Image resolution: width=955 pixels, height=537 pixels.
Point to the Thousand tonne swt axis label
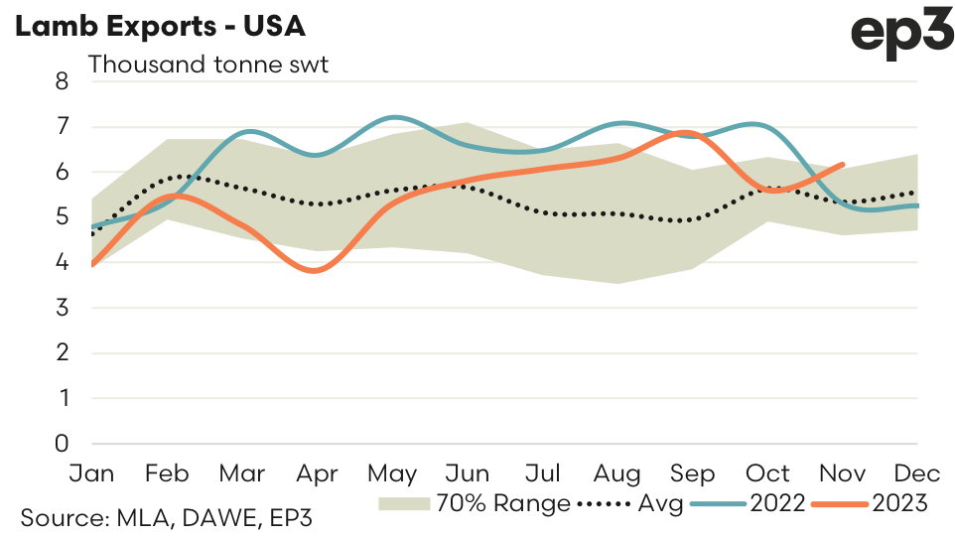208,66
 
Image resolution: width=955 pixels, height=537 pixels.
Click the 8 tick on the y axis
62,81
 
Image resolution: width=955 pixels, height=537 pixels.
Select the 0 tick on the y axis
62,444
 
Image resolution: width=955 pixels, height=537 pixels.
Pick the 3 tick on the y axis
62,308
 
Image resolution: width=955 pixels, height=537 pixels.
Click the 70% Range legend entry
475,503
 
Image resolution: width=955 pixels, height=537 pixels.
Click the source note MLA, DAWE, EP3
170,517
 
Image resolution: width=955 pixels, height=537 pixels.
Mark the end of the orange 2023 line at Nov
843,165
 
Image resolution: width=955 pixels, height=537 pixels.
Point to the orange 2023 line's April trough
316,270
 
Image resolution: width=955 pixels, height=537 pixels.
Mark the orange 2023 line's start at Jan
92,265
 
